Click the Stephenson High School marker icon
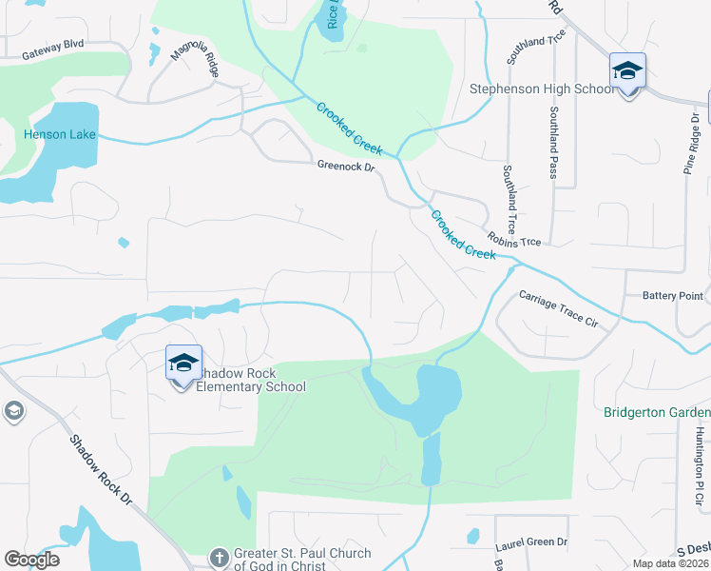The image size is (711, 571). [x=627, y=72]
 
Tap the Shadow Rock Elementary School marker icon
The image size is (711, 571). [x=183, y=364]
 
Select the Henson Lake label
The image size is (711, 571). [x=60, y=134]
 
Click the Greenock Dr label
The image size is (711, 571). [x=346, y=166]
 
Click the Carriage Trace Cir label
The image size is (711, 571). [x=558, y=309]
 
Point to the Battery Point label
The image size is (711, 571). [x=673, y=296]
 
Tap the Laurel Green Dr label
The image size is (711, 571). [x=531, y=543]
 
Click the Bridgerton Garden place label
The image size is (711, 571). [x=657, y=412]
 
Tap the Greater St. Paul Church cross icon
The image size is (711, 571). [x=219, y=556]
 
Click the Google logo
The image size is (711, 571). [x=31, y=560]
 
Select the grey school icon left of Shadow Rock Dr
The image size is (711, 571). [x=14, y=411]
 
